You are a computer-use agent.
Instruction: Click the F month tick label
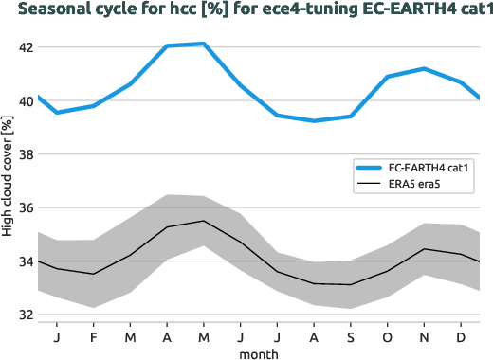(94, 336)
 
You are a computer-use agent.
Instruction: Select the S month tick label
(350, 336)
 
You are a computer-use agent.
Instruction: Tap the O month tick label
(387, 336)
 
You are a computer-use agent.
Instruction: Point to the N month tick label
(424, 336)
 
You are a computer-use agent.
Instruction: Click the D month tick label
(461, 336)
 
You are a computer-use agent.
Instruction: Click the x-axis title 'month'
(259, 352)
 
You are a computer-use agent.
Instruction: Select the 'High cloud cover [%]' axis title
(8, 180)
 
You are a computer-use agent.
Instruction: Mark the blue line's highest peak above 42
(203, 44)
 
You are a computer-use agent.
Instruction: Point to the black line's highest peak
(203, 221)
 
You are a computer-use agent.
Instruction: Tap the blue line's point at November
(424, 69)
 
